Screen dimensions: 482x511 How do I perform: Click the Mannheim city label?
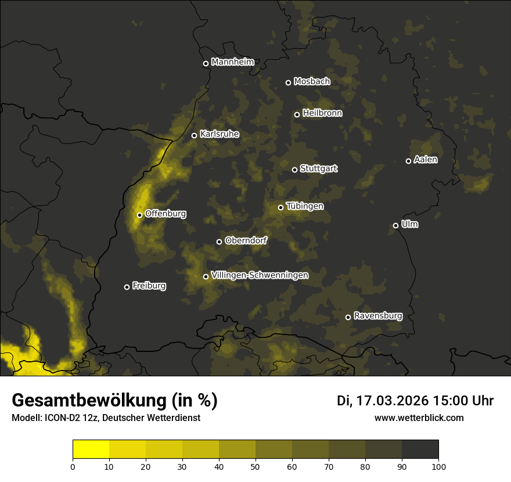point(233,62)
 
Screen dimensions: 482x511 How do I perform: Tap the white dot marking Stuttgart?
point(294,170)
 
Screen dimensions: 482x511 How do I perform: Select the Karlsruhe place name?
point(219,134)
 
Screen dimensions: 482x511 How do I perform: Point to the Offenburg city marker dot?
point(139,215)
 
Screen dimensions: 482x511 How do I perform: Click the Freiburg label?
point(149,286)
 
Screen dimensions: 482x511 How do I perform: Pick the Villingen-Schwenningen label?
point(260,275)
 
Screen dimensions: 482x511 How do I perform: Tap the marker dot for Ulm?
point(395,225)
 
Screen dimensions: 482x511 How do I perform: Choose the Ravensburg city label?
point(378,316)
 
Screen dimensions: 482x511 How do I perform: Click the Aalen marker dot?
point(408,161)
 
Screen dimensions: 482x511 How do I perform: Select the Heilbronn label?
point(322,113)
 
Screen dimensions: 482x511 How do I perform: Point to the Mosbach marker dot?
point(288,82)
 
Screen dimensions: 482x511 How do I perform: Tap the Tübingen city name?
point(305,206)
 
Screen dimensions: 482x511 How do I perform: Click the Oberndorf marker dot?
point(219,242)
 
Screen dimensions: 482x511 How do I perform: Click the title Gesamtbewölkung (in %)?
point(114,401)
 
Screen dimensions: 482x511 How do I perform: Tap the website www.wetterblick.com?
point(419,418)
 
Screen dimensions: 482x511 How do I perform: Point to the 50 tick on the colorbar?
point(255,466)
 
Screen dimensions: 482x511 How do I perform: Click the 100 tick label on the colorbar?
point(438,466)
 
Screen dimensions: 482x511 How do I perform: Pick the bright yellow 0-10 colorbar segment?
point(91,449)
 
